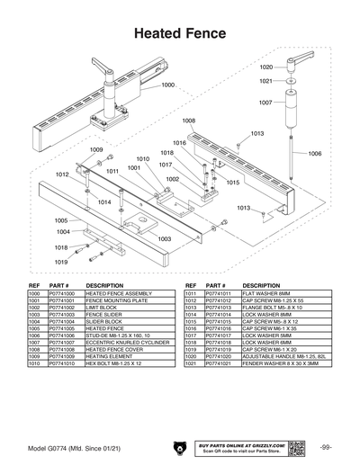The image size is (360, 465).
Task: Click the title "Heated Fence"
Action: [x=179, y=31]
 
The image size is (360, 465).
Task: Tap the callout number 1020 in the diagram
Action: [x=266, y=67]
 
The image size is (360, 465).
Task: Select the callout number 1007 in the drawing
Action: [x=265, y=103]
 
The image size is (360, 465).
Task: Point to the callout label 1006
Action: [x=314, y=154]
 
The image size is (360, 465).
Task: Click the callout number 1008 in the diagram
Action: [x=189, y=121]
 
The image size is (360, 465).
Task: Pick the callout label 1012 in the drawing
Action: [x=63, y=174]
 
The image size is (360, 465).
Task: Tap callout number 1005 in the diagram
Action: [x=61, y=220]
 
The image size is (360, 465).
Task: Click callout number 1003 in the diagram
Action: [x=165, y=239]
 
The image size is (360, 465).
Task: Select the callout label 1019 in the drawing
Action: [x=61, y=262]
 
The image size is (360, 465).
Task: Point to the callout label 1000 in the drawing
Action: [x=168, y=85]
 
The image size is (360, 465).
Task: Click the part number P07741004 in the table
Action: [x=62, y=321]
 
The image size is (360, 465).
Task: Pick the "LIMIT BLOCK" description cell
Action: [x=102, y=308]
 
